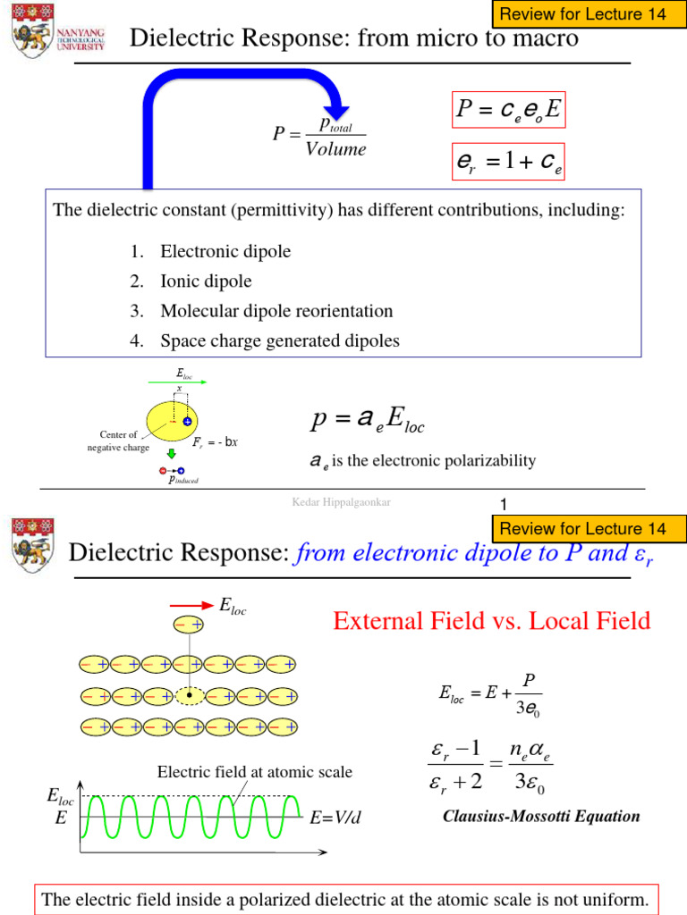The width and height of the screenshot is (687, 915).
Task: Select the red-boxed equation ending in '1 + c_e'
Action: [x=507, y=162]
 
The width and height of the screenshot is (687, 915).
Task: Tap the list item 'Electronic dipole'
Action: [x=225, y=252]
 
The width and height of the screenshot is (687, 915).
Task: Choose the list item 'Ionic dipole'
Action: [x=206, y=281]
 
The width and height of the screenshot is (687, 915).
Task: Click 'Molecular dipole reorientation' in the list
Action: [x=276, y=311]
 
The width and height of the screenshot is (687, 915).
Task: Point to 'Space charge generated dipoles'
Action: [x=280, y=340]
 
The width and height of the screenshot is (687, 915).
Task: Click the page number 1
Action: [x=504, y=505]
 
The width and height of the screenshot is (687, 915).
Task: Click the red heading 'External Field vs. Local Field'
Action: [x=492, y=621]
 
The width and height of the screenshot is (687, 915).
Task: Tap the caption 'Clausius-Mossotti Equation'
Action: [x=542, y=816]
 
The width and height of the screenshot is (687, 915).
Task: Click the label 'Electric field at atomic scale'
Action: [x=255, y=772]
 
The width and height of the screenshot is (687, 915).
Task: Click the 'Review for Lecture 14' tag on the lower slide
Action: [x=583, y=529]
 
